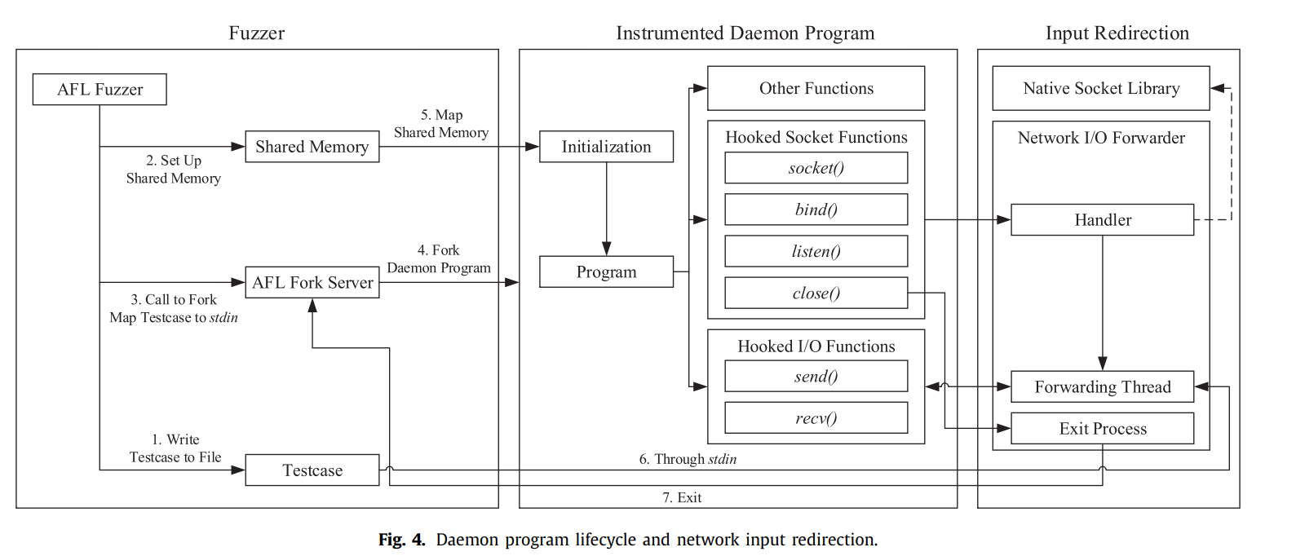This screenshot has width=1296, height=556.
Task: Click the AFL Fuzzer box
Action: click(100, 90)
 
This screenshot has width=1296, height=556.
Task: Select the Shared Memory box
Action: click(312, 147)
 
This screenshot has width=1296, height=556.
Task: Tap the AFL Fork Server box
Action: click(312, 282)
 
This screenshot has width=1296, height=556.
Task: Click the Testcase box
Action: click(312, 470)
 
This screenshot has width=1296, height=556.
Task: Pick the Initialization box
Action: click(606, 147)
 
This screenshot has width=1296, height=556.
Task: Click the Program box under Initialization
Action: click(606, 272)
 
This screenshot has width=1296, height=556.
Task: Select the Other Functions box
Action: click(816, 88)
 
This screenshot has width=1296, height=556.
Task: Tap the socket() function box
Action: click(816, 168)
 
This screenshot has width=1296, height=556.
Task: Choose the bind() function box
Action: click(816, 210)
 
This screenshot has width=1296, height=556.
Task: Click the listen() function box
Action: click(816, 251)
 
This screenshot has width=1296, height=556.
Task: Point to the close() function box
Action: click(816, 293)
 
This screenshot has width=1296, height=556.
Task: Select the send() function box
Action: click(816, 376)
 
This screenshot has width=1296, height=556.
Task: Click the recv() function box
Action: click(816, 417)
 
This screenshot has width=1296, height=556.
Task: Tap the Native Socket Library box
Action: click(1100, 88)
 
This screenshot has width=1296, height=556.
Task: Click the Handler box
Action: click(1102, 220)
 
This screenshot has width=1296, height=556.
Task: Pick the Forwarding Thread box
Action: click(1102, 386)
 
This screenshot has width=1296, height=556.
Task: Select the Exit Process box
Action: click(1102, 429)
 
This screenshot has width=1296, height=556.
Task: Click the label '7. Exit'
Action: click(682, 497)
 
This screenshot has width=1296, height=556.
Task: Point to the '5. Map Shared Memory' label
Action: click(441, 124)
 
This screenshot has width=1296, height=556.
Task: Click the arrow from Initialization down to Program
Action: click(606, 209)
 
